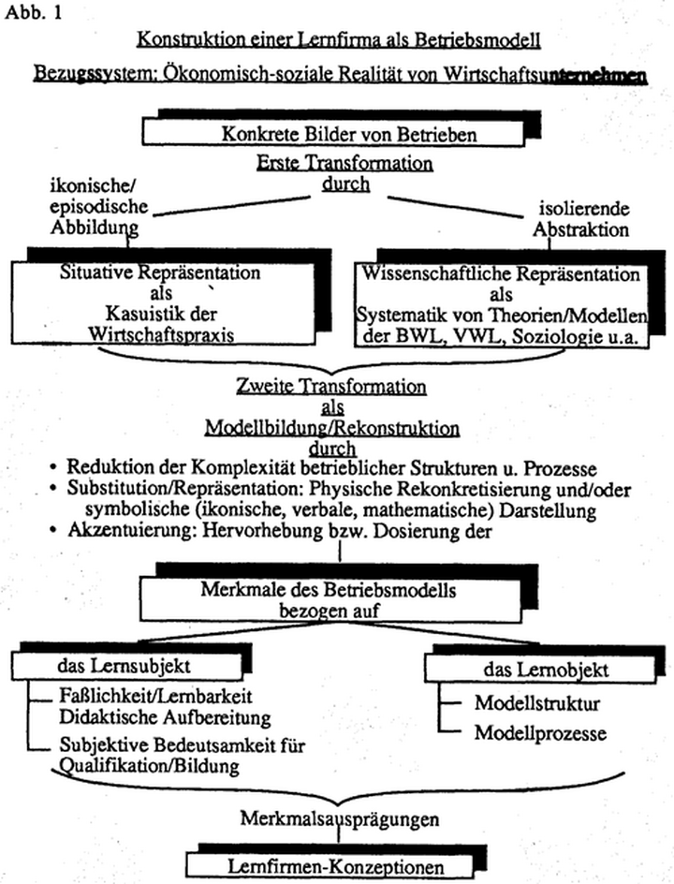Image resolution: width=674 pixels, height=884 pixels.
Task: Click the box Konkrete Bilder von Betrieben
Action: coord(336,134)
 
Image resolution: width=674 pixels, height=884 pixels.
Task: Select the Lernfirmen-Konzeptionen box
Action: coord(325,863)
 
